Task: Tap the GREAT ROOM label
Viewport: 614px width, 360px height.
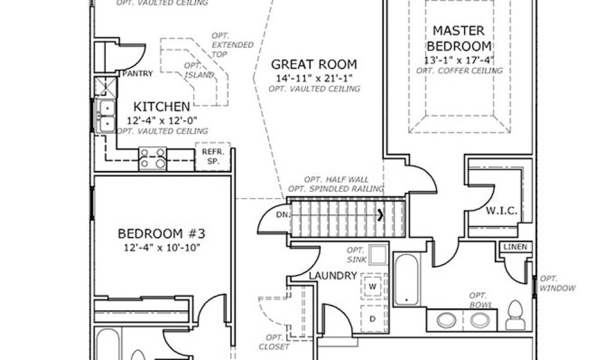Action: pyautogui.click(x=314, y=64)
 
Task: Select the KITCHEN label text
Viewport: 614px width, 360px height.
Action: pyautogui.click(x=161, y=107)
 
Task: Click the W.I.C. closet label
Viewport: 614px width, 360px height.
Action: pyautogui.click(x=501, y=211)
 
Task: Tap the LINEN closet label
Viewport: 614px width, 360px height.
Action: pyautogui.click(x=514, y=247)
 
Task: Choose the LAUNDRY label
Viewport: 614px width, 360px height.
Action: pyautogui.click(x=333, y=275)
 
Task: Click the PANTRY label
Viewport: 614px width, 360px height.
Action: pyautogui.click(x=137, y=74)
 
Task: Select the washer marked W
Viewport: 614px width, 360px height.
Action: pyautogui.click(x=372, y=286)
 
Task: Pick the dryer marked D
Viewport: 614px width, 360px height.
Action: pyautogui.click(x=372, y=318)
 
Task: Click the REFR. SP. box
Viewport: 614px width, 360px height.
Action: pyautogui.click(x=212, y=156)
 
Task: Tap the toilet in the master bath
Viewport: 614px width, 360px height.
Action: pyautogui.click(x=514, y=316)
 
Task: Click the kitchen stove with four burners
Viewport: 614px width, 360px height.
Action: pyautogui.click(x=152, y=158)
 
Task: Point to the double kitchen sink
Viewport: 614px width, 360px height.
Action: pyautogui.click(x=107, y=115)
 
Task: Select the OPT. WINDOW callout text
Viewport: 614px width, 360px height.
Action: pyautogui.click(x=558, y=283)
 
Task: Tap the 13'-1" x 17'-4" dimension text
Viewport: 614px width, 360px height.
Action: pyautogui.click(x=459, y=60)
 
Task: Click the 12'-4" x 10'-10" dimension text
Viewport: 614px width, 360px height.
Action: pyautogui.click(x=162, y=247)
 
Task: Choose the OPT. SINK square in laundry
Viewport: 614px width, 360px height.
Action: pyautogui.click(x=378, y=256)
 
